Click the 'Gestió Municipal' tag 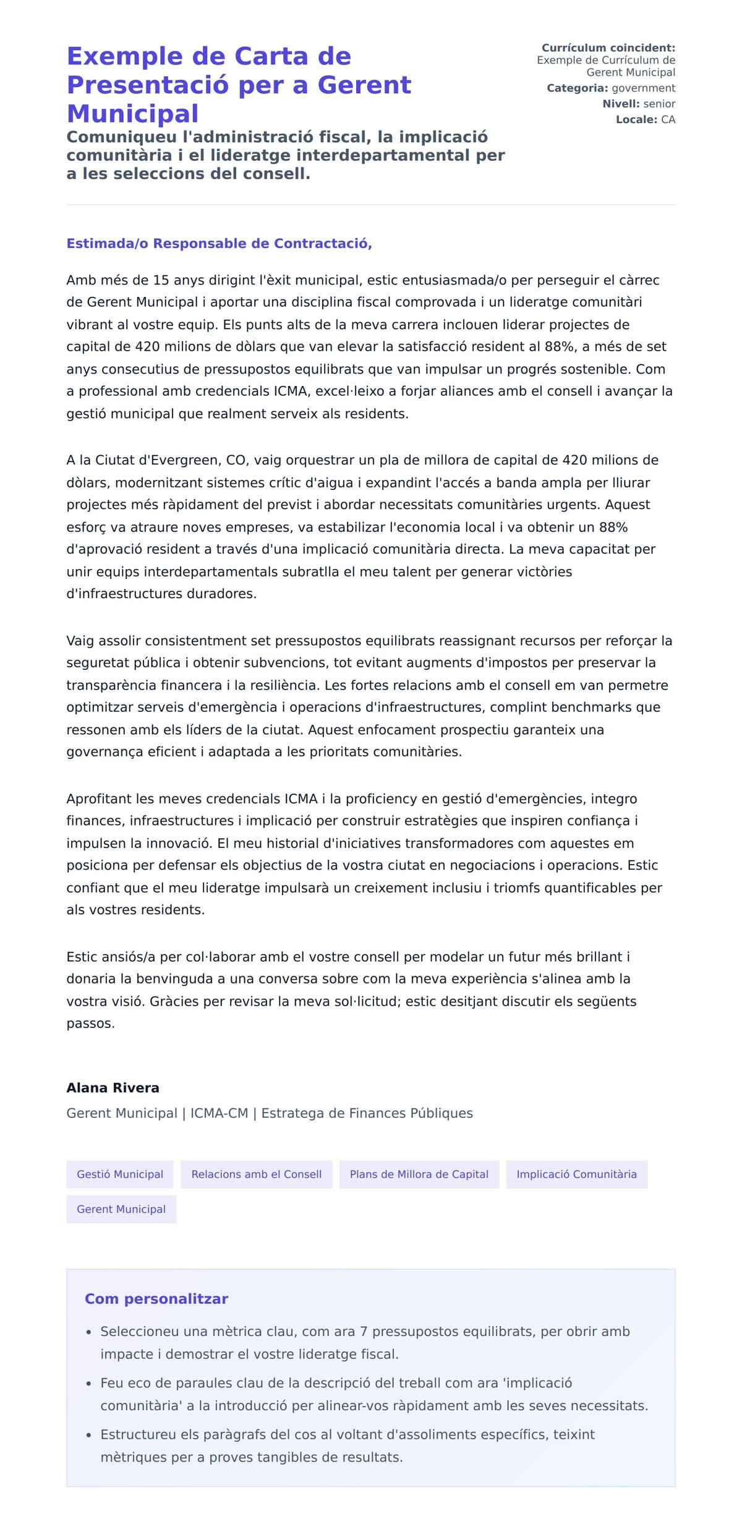click(120, 1174)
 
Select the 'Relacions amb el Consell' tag click(256, 1174)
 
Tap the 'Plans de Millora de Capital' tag click(419, 1174)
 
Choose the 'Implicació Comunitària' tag click(576, 1174)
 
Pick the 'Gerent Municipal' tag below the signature click(121, 1209)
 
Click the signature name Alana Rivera click(113, 1087)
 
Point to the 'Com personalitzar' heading click(156, 1298)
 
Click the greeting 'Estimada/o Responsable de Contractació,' click(219, 243)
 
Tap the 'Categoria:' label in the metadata click(577, 88)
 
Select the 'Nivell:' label click(621, 104)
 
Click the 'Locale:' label click(636, 119)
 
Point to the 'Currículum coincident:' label click(608, 48)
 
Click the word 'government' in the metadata click(643, 88)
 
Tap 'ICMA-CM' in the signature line click(219, 1113)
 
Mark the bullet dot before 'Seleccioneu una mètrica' click(89, 1332)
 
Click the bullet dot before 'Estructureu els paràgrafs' click(89, 1435)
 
